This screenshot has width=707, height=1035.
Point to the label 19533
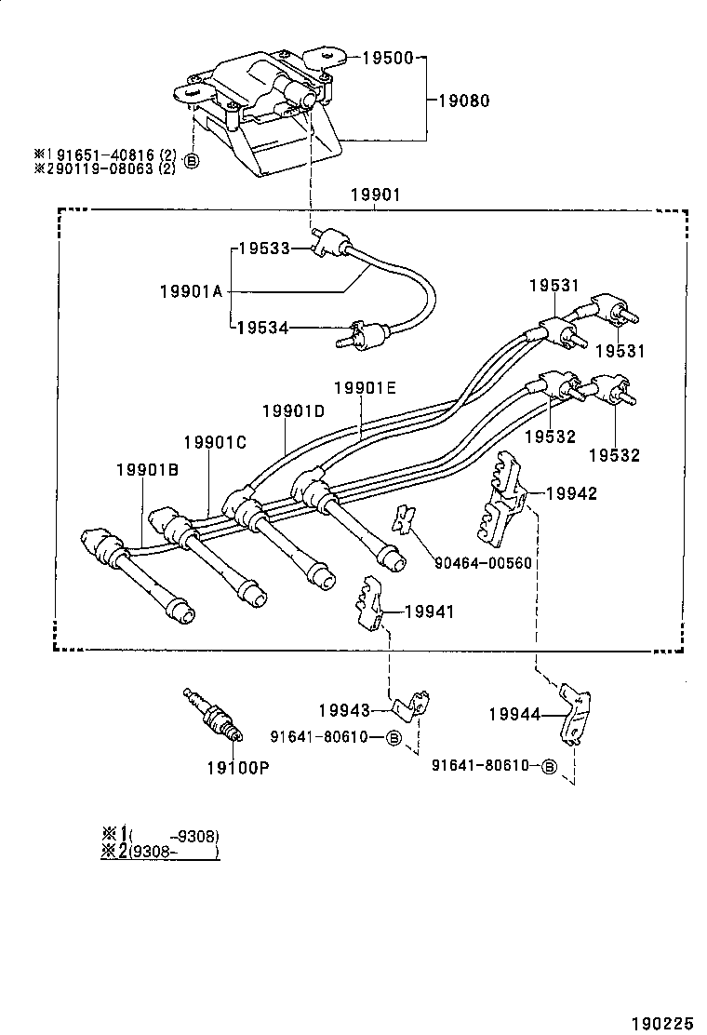tap(262, 249)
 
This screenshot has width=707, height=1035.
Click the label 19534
tap(262, 327)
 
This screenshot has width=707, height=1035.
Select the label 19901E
tap(366, 387)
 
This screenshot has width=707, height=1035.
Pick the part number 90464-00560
tap(483, 563)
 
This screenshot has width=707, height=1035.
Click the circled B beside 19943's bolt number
tap(393, 737)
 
